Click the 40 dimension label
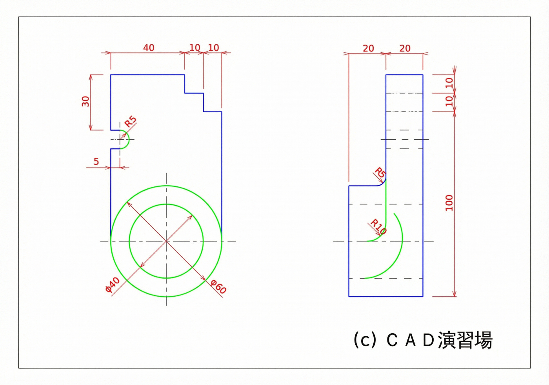click(x=149, y=47)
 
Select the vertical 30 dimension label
click(x=85, y=101)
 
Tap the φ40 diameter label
click(x=112, y=285)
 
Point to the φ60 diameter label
click(x=218, y=286)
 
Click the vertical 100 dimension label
click(x=449, y=203)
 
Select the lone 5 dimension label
click(x=96, y=161)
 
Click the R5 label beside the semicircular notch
click(x=131, y=121)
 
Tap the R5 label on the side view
click(x=380, y=172)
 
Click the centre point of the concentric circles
click(x=166, y=241)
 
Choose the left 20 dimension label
click(x=368, y=48)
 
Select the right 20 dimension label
click(x=405, y=48)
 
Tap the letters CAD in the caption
click(x=411, y=340)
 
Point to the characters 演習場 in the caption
click(x=465, y=340)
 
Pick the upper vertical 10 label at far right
click(x=449, y=83)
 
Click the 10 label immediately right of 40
click(x=195, y=47)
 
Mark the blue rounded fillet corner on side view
click(x=383, y=183)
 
